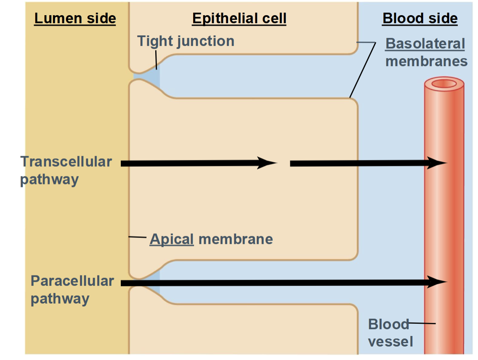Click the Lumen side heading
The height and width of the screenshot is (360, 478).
click(x=75, y=19)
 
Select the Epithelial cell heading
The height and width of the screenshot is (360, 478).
click(x=239, y=19)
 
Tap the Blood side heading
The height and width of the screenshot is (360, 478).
click(x=420, y=19)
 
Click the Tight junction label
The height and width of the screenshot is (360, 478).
click(x=186, y=41)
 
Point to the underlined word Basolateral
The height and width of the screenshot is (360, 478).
click(x=425, y=44)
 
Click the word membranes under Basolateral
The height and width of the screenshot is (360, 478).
click(x=426, y=61)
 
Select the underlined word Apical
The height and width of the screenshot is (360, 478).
click(x=172, y=239)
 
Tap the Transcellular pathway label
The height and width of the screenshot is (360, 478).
click(x=66, y=170)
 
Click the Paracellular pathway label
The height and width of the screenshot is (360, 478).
click(x=72, y=290)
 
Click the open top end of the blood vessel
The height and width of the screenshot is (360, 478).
click(x=444, y=84)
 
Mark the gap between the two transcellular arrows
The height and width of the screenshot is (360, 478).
click(x=284, y=163)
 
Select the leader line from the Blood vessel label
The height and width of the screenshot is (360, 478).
click(x=422, y=323)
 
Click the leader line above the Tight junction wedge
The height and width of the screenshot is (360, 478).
click(x=156, y=59)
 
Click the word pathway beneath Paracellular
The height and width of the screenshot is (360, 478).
click(x=60, y=299)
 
